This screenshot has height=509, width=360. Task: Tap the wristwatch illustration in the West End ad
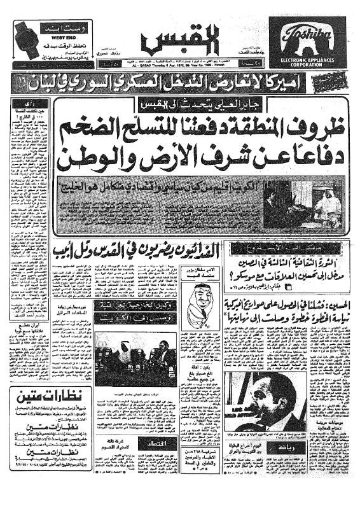(24, 37)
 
